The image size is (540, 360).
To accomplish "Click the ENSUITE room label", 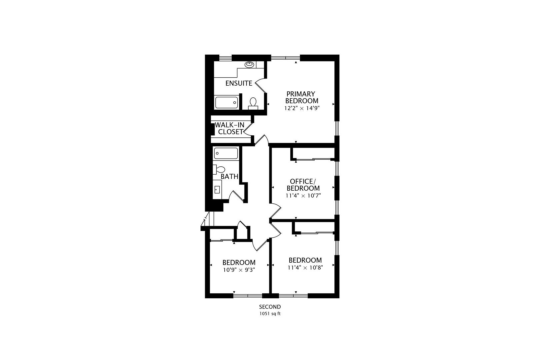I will (x=239, y=83).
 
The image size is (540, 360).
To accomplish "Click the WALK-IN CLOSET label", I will (x=230, y=128).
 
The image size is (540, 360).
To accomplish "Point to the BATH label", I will (x=229, y=177).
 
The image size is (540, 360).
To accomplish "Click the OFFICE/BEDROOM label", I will (x=303, y=185).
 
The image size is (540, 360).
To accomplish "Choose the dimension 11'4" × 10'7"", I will (x=303, y=196).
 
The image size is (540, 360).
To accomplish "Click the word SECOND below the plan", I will (x=270, y=307).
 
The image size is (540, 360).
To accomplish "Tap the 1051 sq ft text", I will (x=270, y=314).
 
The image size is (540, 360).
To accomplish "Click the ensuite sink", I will (x=249, y=64).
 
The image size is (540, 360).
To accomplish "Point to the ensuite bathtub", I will (x=226, y=102).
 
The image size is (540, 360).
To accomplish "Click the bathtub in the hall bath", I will (x=226, y=153).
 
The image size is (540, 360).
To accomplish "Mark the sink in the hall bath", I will (x=217, y=190).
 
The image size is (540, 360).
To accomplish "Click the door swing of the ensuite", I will (x=260, y=85).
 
